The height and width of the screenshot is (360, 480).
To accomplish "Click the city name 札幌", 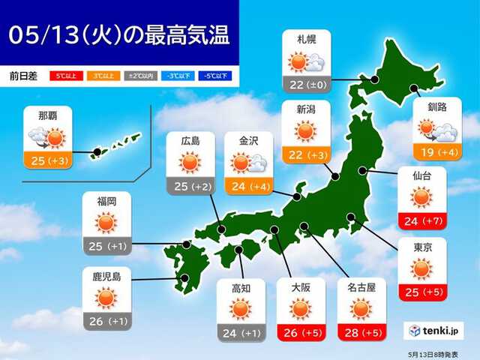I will click(x=305, y=39).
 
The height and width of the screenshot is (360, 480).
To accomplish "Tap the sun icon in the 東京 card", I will click(x=421, y=268).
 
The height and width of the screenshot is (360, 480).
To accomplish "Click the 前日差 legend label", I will click(x=25, y=76).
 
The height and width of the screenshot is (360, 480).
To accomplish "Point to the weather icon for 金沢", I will click(x=245, y=163).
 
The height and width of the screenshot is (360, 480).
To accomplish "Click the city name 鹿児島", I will click(x=106, y=277).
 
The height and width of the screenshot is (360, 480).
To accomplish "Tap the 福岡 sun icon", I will click(x=106, y=222).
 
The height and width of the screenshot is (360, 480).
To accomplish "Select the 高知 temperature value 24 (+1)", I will click(x=239, y=333).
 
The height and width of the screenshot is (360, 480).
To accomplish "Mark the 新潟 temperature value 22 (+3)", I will click(x=305, y=154).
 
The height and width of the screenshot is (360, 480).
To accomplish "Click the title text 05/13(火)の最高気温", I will click(x=121, y=34).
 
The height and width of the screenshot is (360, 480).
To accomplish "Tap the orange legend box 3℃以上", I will click(x=103, y=76).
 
